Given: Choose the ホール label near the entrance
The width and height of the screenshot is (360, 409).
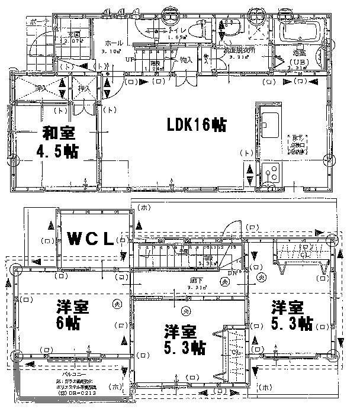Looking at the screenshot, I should click(x=114, y=43).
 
